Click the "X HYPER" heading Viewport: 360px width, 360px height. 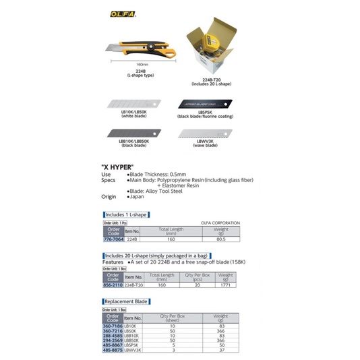[x=117, y=166]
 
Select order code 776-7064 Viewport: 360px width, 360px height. [x=113, y=239]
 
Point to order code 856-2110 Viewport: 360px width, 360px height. [x=113, y=285]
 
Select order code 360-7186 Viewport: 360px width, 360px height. [x=113, y=326]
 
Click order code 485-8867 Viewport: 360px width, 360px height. [x=113, y=344]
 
